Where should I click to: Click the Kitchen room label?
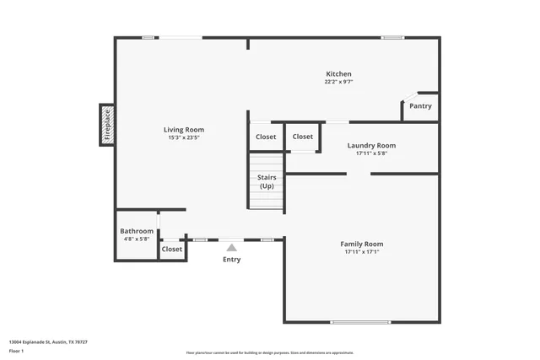click(338, 74)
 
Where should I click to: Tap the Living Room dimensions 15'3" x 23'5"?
click(184, 137)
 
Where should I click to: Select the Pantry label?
click(420, 106)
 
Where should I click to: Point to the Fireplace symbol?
click(107, 124)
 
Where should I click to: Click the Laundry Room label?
click(371, 146)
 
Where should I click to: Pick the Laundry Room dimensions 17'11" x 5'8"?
click(371, 153)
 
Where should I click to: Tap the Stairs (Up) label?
click(267, 181)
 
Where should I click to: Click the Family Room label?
click(362, 244)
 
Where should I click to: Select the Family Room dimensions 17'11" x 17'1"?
click(362, 252)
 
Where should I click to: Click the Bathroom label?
click(137, 231)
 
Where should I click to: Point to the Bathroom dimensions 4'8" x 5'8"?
click(137, 239)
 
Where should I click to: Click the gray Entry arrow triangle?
click(231, 247)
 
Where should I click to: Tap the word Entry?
click(231, 260)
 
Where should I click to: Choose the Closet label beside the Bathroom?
click(172, 250)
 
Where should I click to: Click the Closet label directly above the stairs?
click(266, 137)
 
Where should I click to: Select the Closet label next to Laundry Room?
click(303, 137)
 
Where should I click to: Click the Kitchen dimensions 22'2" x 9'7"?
click(338, 83)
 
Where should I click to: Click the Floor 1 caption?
click(17, 351)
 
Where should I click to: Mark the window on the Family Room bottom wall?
click(360, 322)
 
